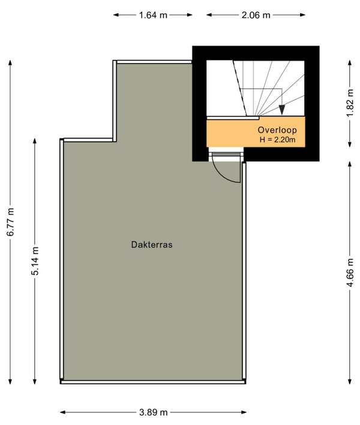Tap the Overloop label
point(277,130)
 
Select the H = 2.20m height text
point(278,140)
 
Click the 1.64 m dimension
point(153,16)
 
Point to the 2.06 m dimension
point(256,16)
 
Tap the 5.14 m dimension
point(35,262)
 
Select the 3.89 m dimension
point(153,412)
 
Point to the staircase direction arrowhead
point(282,110)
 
